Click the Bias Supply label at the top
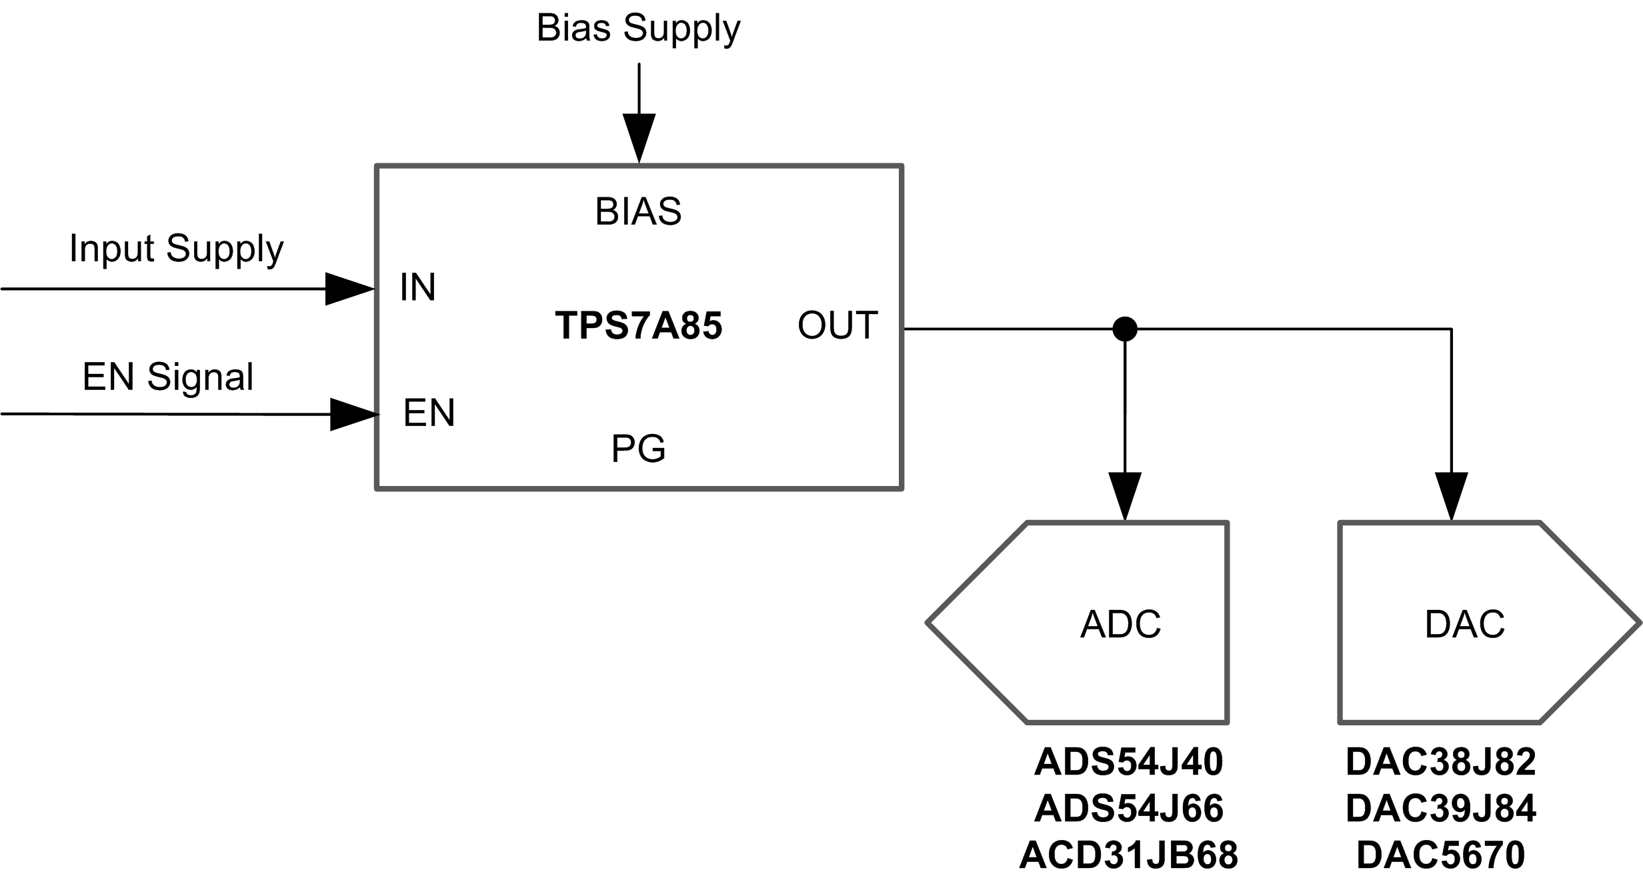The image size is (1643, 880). (638, 29)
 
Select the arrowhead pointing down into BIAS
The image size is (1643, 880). (639, 137)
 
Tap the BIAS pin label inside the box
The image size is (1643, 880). (638, 212)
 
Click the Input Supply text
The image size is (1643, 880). (177, 249)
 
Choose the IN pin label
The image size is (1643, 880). (417, 287)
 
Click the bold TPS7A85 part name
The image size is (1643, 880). (638, 325)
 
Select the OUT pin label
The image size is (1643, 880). (838, 325)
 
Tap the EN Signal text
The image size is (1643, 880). (168, 377)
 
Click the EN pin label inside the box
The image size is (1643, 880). (429, 413)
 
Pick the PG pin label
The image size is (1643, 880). (638, 449)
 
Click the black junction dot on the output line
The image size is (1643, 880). (1125, 329)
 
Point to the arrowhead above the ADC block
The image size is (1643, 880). (1125, 495)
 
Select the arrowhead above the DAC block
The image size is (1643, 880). (1452, 495)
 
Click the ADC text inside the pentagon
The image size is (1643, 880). (1120, 625)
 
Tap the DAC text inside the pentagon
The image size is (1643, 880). (1464, 625)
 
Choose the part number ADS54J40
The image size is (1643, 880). (1128, 761)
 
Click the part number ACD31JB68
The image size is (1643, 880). (1128, 855)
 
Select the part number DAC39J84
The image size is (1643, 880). (1440, 808)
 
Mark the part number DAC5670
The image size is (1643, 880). (1440, 855)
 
